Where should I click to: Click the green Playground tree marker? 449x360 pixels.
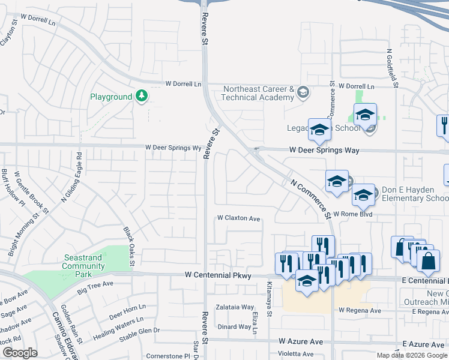142,96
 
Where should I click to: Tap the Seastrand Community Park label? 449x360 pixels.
83,262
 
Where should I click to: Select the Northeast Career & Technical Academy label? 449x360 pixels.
258,93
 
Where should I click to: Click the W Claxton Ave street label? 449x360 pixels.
238,218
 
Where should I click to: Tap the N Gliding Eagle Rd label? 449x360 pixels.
79,172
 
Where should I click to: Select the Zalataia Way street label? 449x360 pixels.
235,307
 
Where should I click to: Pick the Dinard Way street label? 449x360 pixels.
234,326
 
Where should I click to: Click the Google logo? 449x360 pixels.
20,353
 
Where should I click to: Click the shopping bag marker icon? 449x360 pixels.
428,261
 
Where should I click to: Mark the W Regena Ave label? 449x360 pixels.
360,311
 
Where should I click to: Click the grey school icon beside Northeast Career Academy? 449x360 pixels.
303,92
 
